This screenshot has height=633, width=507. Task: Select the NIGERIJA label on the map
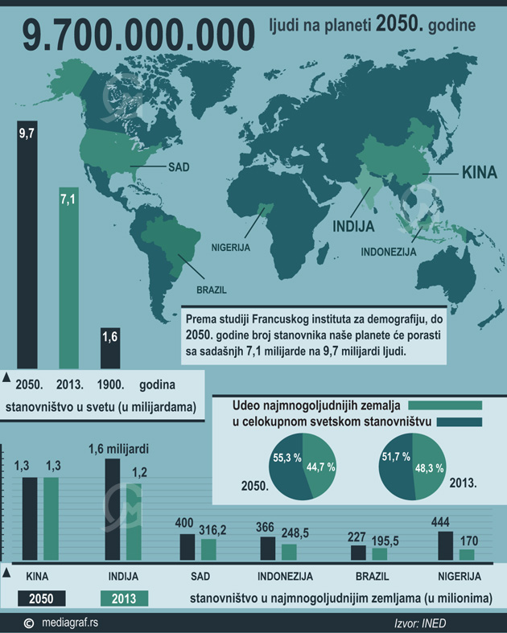click(232, 246)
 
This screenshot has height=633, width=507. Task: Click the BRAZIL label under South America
click(212, 290)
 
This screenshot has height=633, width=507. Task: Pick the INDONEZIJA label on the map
click(389, 251)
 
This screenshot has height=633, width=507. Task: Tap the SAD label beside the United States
click(178, 167)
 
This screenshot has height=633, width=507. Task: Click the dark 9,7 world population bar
click(27, 249)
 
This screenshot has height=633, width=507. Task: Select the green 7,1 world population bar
click(68, 282)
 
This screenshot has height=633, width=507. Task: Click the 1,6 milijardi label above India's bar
click(122, 449)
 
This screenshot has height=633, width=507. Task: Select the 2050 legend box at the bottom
click(39, 598)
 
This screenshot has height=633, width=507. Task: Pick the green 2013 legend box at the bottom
click(124, 598)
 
